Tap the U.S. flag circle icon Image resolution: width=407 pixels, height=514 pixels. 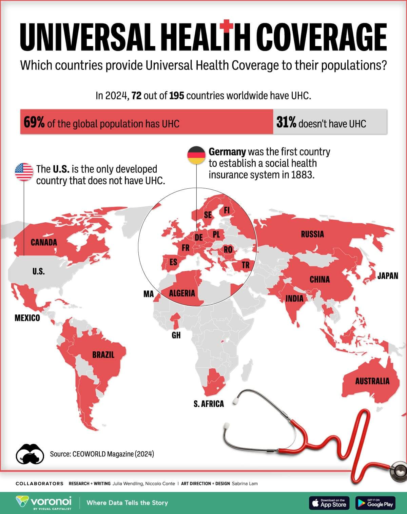point(24,172)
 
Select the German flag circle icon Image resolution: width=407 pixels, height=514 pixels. point(196,155)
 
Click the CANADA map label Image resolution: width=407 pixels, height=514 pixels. point(44,242)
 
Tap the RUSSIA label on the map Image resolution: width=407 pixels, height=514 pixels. point(312,234)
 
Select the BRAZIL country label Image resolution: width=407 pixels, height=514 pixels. point(103,355)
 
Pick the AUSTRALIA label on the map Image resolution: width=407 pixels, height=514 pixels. point(372,381)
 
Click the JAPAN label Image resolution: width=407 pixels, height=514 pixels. point(388,276)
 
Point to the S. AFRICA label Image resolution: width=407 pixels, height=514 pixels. point(209,404)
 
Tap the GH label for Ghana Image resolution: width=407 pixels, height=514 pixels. point(176,335)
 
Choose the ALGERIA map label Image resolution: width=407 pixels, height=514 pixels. point(182,293)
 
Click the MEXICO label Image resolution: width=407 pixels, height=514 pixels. point(27,318)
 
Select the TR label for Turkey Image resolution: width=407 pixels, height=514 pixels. point(245,265)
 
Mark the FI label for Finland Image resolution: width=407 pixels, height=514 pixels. point(227,210)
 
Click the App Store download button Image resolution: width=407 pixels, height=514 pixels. point(329,503)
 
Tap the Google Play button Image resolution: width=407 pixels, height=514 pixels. point(376,503)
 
